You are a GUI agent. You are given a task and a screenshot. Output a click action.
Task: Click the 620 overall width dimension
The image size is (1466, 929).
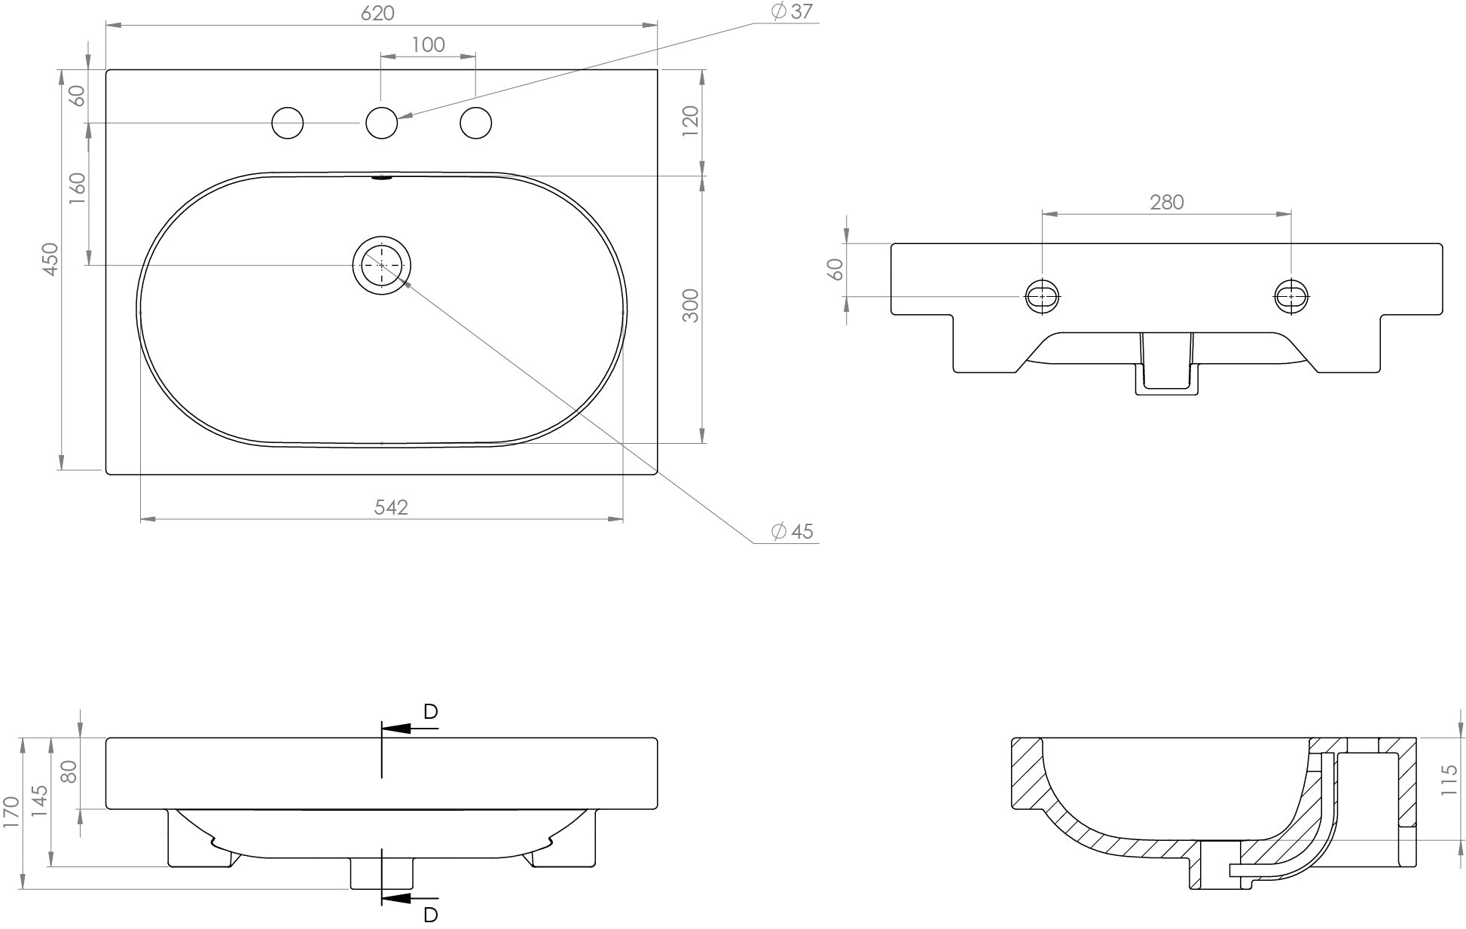pos(377,13)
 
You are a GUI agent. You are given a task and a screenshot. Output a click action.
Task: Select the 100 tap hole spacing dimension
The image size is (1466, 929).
pos(428,44)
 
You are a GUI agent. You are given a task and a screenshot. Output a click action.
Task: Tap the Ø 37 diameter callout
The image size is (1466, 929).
pos(792,12)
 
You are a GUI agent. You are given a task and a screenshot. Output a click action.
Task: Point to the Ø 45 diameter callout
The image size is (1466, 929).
pos(792,531)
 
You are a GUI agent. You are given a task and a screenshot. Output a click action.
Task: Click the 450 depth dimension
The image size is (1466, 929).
pos(50,258)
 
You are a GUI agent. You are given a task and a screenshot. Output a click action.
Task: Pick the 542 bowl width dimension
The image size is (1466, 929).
pos(391,507)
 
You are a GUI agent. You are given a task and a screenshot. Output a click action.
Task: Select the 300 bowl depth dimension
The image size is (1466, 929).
pos(691,305)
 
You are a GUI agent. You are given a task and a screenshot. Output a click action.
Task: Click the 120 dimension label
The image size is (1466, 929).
pos(691,121)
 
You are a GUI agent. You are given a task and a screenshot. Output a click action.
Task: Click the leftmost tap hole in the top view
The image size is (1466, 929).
pos(287,123)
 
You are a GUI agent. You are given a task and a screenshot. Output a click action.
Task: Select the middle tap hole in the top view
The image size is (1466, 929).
pos(381,123)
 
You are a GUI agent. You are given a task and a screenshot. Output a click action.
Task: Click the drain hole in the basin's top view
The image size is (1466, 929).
pos(382,264)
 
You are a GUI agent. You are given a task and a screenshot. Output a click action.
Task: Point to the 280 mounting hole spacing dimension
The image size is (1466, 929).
pos(1166,202)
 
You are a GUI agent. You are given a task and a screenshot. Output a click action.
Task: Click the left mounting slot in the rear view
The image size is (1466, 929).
pos(1043,296)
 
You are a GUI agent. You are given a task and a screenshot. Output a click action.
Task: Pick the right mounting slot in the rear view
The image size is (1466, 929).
pos(1291,296)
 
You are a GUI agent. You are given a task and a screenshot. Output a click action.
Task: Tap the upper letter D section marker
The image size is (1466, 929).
pos(430,711)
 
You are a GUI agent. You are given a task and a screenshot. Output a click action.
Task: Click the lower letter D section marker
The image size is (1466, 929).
pos(430,915)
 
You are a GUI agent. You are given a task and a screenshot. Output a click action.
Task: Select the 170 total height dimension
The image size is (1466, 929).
pos(11,812)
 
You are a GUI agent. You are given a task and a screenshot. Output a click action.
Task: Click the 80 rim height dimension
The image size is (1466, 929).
pos(69,772)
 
